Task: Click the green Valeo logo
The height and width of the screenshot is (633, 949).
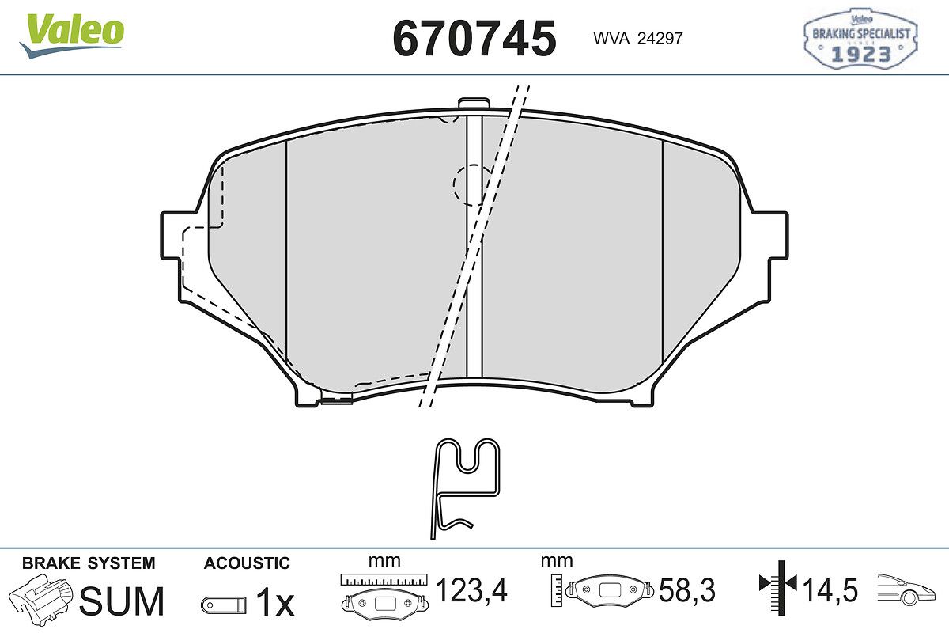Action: click(72, 35)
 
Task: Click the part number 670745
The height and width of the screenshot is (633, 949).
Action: click(475, 38)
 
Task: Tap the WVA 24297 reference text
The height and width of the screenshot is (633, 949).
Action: click(638, 39)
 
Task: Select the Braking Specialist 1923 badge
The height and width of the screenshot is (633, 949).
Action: click(861, 38)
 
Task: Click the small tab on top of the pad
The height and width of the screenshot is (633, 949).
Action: click(474, 104)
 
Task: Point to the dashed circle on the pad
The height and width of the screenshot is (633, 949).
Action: click(472, 185)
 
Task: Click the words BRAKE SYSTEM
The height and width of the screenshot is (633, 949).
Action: click(89, 563)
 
